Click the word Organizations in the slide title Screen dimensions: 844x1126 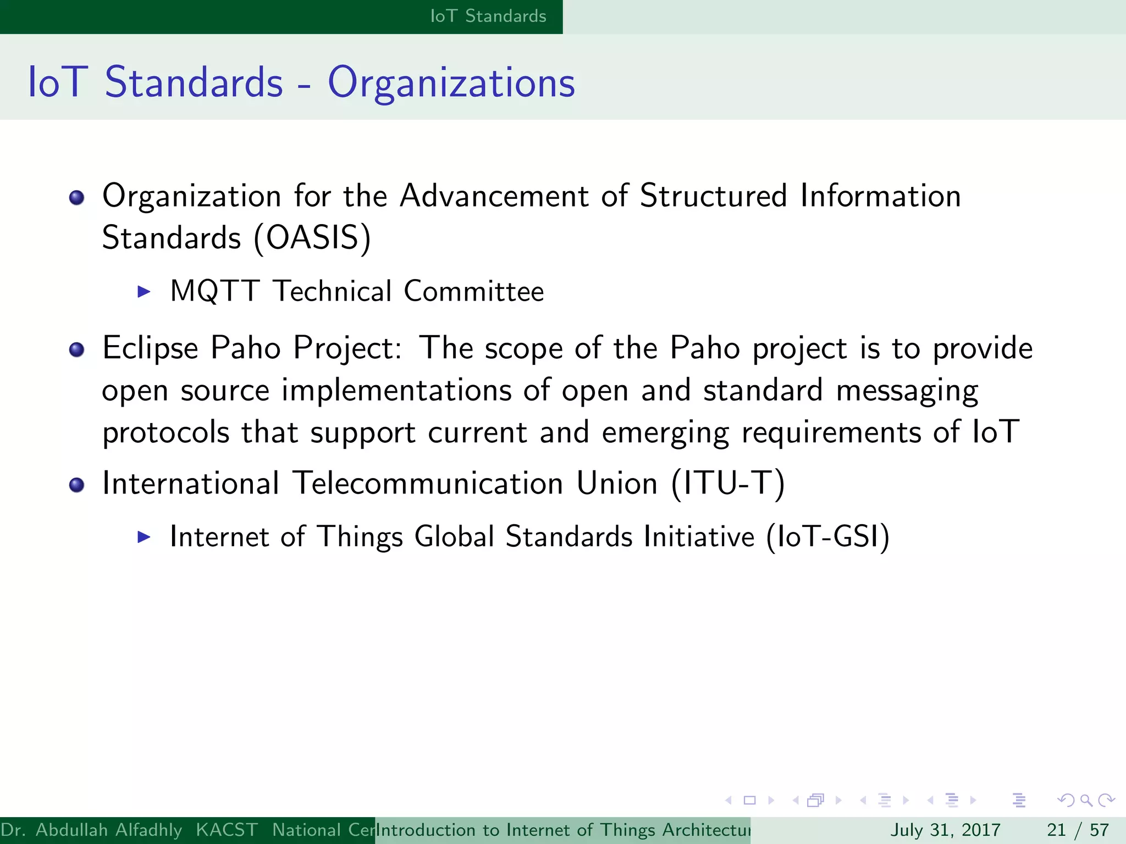(451, 82)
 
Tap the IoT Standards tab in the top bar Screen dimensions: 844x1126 (488, 16)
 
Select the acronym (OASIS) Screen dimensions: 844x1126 (312, 238)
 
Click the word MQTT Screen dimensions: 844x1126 (214, 291)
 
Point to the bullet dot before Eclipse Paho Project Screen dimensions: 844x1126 (77, 349)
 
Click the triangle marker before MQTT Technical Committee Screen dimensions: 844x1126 (143, 291)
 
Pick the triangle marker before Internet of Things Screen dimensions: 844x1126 (143, 536)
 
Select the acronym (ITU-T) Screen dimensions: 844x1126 (728, 484)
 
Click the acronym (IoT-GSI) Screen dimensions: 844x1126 (827, 536)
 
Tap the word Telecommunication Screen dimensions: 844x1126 (428, 484)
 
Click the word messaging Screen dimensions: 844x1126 (907, 391)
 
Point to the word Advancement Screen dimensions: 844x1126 (494, 196)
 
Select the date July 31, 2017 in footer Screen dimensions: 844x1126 (945, 830)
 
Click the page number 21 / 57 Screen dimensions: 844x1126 (1078, 830)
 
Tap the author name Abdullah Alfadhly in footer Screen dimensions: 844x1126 (108, 830)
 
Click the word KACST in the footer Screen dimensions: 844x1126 (227, 830)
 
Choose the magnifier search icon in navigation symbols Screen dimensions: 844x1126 (1086, 800)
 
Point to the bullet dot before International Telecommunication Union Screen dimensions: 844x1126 (77, 485)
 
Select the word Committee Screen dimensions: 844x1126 (473, 291)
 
